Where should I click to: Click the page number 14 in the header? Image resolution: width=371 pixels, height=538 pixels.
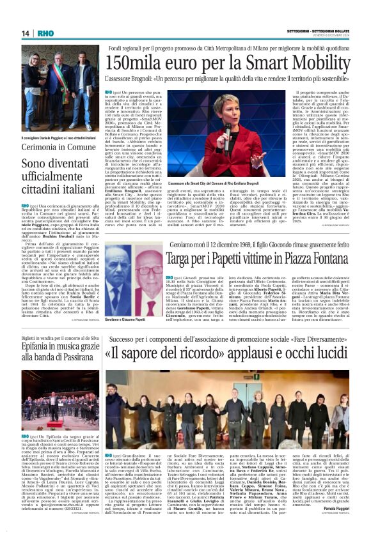(x=26, y=34)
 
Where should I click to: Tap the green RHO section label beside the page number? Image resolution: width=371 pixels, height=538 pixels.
(x=45, y=34)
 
